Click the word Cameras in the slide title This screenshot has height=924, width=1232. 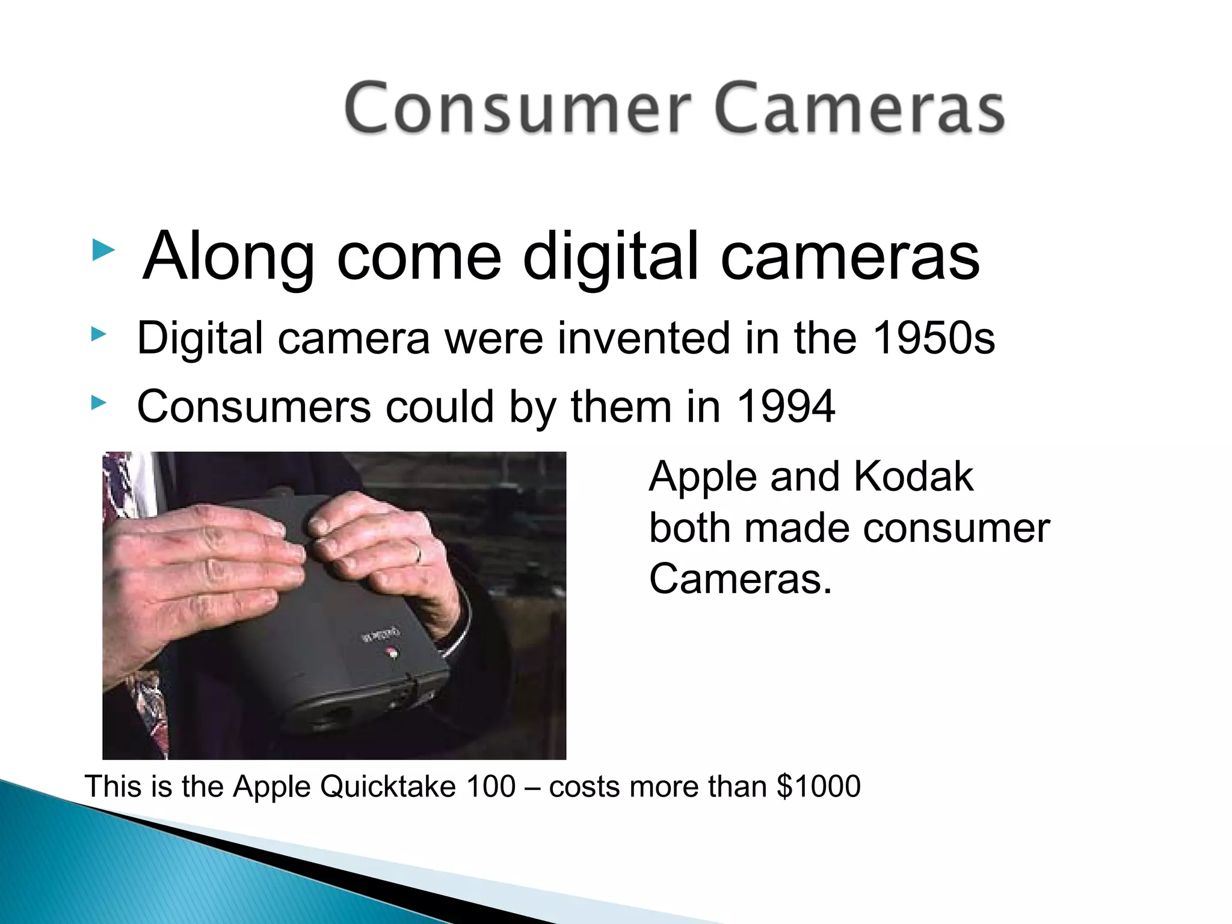860,108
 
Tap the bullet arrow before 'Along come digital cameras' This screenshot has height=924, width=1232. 103,250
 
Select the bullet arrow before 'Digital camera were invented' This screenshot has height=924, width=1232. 99,334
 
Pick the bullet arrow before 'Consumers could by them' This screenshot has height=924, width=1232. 99,403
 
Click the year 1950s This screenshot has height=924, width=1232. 934,338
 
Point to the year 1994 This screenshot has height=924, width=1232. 786,407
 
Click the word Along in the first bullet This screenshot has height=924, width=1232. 229,256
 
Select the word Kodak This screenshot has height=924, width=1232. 913,476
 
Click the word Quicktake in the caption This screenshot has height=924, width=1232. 388,787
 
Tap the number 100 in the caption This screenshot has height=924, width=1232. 491,786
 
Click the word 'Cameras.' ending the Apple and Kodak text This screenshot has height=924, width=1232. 740,579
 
